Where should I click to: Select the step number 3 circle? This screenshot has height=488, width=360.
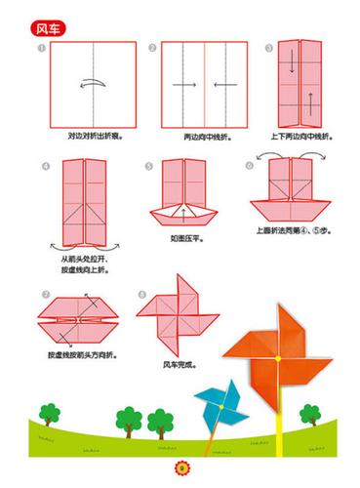(269, 48)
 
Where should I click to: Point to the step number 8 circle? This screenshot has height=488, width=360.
(142, 293)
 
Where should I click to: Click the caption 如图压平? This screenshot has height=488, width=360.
(185, 236)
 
